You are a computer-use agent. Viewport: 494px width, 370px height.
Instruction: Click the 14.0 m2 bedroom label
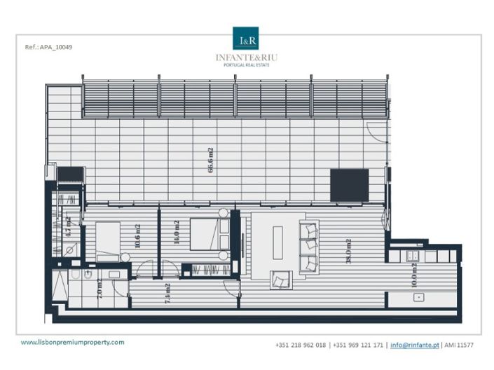click(177, 231)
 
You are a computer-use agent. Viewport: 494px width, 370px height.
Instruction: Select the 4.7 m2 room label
click(69, 227)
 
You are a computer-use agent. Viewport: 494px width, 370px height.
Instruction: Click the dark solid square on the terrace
click(349, 185)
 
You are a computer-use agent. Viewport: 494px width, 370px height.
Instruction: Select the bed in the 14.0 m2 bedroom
click(208, 239)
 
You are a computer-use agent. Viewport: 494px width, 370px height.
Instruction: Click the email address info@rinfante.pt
click(414, 345)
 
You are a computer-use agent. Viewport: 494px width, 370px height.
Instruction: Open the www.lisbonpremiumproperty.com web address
click(72, 342)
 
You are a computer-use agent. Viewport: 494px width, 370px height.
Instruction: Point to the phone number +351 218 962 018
click(301, 345)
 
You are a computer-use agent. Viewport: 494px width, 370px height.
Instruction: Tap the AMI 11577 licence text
click(460, 345)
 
